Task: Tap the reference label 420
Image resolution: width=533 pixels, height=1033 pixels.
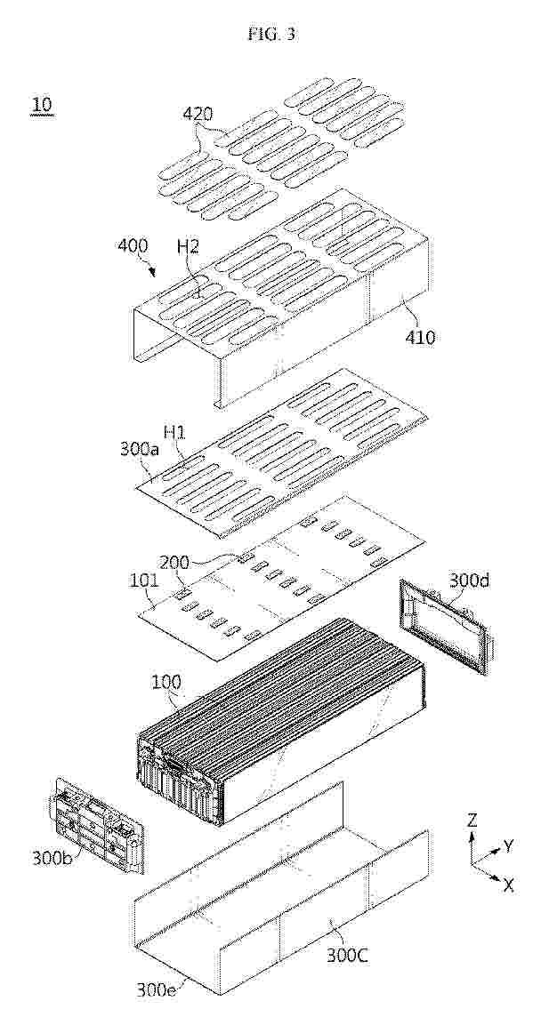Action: pyautogui.click(x=198, y=114)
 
